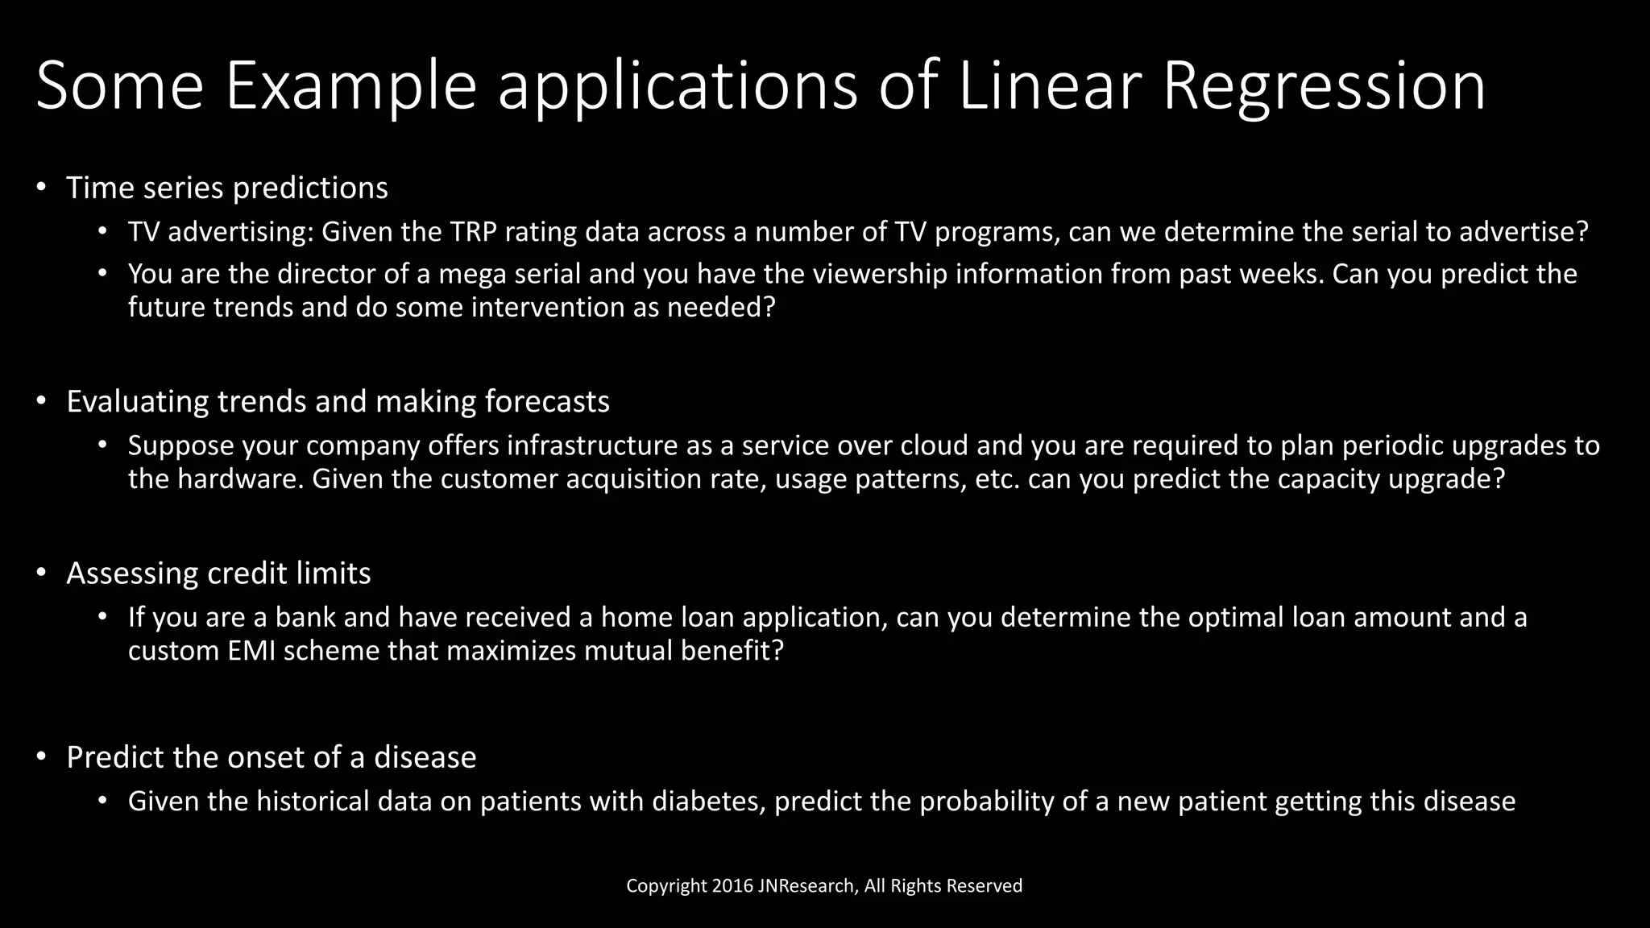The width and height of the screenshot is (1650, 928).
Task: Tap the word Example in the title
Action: (350, 87)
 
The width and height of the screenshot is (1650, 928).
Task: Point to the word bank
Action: (305, 617)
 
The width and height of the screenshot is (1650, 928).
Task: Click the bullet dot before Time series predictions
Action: (41, 188)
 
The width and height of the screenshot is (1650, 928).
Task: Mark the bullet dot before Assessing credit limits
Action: (41, 573)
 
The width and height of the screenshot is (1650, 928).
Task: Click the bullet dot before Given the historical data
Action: (102, 801)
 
